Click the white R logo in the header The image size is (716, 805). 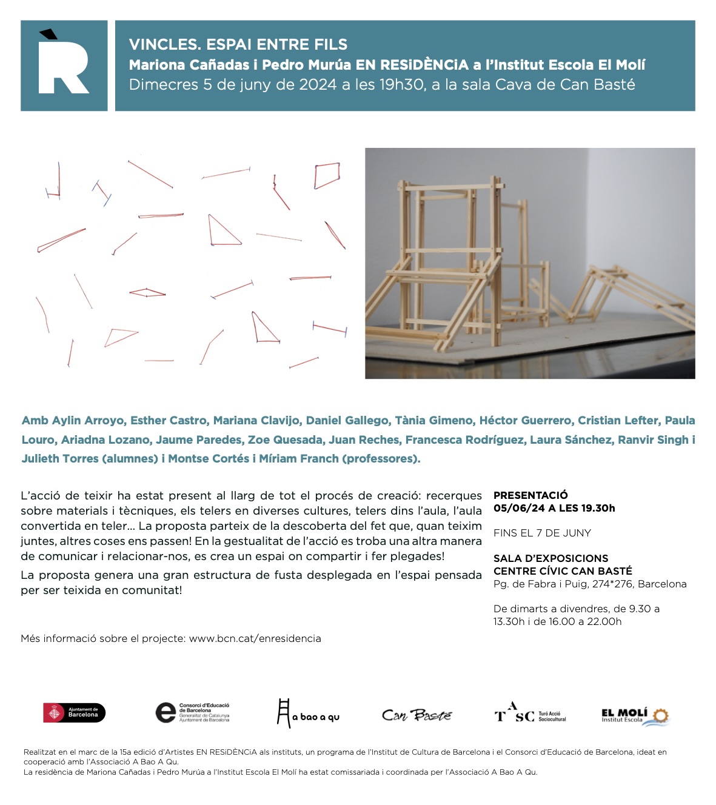(x=64, y=65)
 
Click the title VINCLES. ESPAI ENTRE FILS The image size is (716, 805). (x=238, y=44)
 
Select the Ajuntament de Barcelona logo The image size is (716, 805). (x=74, y=713)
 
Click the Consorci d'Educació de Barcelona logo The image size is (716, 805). (x=192, y=713)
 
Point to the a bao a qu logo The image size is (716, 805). (x=308, y=713)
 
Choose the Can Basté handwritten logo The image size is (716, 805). (x=417, y=715)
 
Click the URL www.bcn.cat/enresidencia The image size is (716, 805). (x=255, y=638)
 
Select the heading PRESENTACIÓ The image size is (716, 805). (x=530, y=495)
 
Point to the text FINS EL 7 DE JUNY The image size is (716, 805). (x=542, y=533)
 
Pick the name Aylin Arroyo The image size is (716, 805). (x=88, y=420)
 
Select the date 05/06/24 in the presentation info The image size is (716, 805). (x=519, y=508)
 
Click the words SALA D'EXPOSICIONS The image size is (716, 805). (x=550, y=558)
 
